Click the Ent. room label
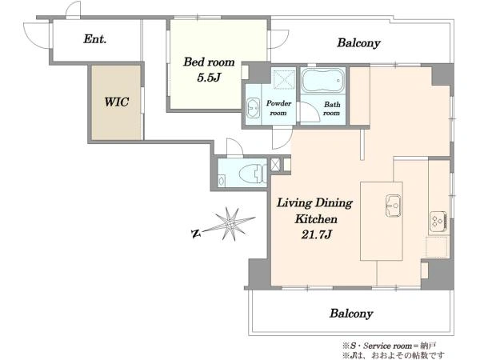95,39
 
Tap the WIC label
116,102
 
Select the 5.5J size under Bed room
209,78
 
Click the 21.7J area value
316,234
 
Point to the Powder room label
278,108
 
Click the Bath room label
332,108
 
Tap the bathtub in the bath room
323,80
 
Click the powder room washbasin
253,107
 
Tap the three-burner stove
438,221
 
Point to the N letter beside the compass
195,234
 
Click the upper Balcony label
358,43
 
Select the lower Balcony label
351,314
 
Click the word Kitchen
316,219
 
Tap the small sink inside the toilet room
222,180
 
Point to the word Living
294,203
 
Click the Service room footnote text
390,346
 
